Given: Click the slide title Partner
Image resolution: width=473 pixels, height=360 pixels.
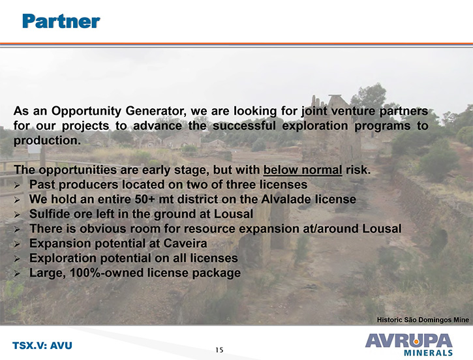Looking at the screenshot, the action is (61, 22).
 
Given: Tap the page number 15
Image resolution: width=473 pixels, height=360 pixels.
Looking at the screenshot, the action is (219, 350).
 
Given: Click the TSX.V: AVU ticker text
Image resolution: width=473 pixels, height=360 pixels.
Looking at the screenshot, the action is (42, 346).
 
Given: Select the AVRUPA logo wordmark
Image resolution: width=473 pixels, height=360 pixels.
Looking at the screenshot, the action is (409, 340).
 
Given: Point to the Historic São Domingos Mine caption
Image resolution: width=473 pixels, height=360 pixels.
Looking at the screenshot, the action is (423, 320).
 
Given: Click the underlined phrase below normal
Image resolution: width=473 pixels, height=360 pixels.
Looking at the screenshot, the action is (303, 170).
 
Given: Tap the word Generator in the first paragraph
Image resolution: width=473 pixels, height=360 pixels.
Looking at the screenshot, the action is (158, 111).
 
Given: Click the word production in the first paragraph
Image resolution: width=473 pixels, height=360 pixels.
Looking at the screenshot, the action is (47, 140).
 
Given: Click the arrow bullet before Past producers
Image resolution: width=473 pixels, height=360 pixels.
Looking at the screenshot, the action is (17, 185).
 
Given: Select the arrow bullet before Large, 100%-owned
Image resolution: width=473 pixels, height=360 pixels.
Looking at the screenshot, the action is (17, 274).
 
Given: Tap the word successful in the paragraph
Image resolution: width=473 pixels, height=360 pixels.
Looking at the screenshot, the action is (244, 126).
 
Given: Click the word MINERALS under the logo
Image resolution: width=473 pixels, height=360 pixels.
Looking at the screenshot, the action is (428, 353).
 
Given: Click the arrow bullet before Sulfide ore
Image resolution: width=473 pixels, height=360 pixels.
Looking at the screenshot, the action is (17, 215).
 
